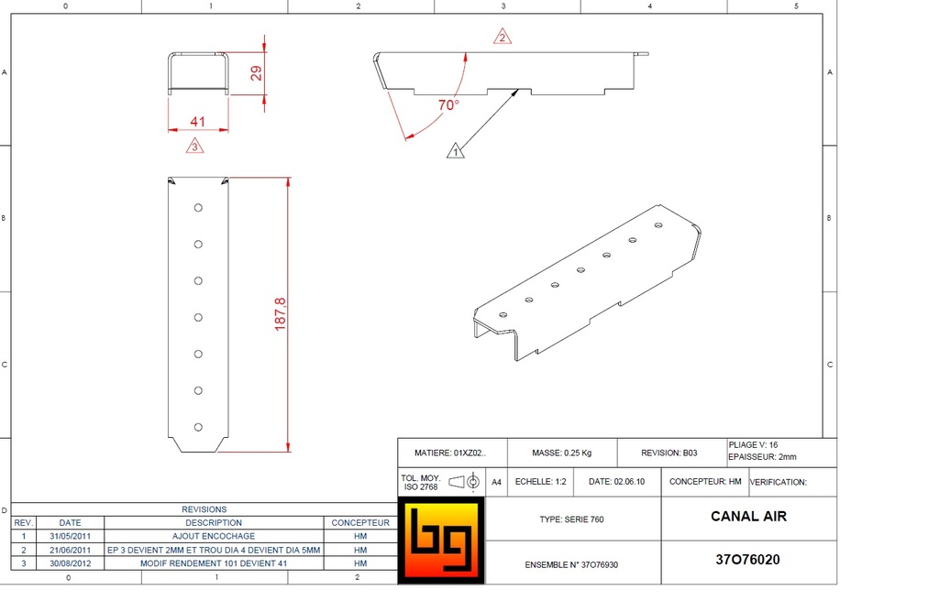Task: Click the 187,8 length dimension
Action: (280, 314)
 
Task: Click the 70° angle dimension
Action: (447, 104)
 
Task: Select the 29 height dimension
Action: (257, 73)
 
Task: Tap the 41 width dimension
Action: (198, 122)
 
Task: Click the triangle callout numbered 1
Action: (455, 151)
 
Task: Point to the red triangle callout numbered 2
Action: (503, 37)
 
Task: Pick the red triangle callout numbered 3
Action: (194, 146)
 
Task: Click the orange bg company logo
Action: (441, 541)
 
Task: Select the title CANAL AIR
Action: (748, 516)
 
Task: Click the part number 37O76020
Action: (748, 560)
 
